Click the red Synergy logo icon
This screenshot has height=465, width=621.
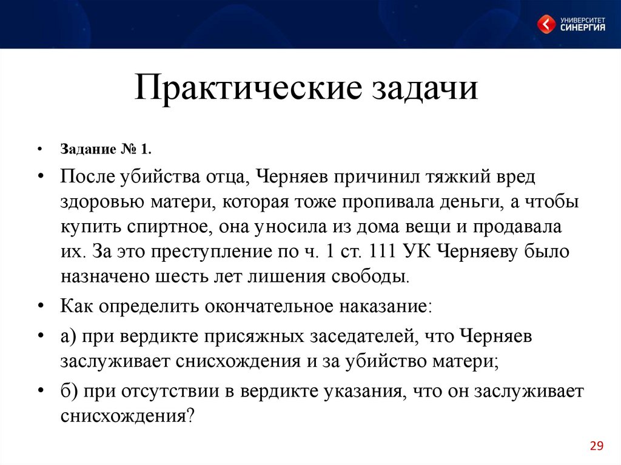coord(548,25)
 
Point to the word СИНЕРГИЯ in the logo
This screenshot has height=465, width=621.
coord(582,28)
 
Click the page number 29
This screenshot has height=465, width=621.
coord(596,447)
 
